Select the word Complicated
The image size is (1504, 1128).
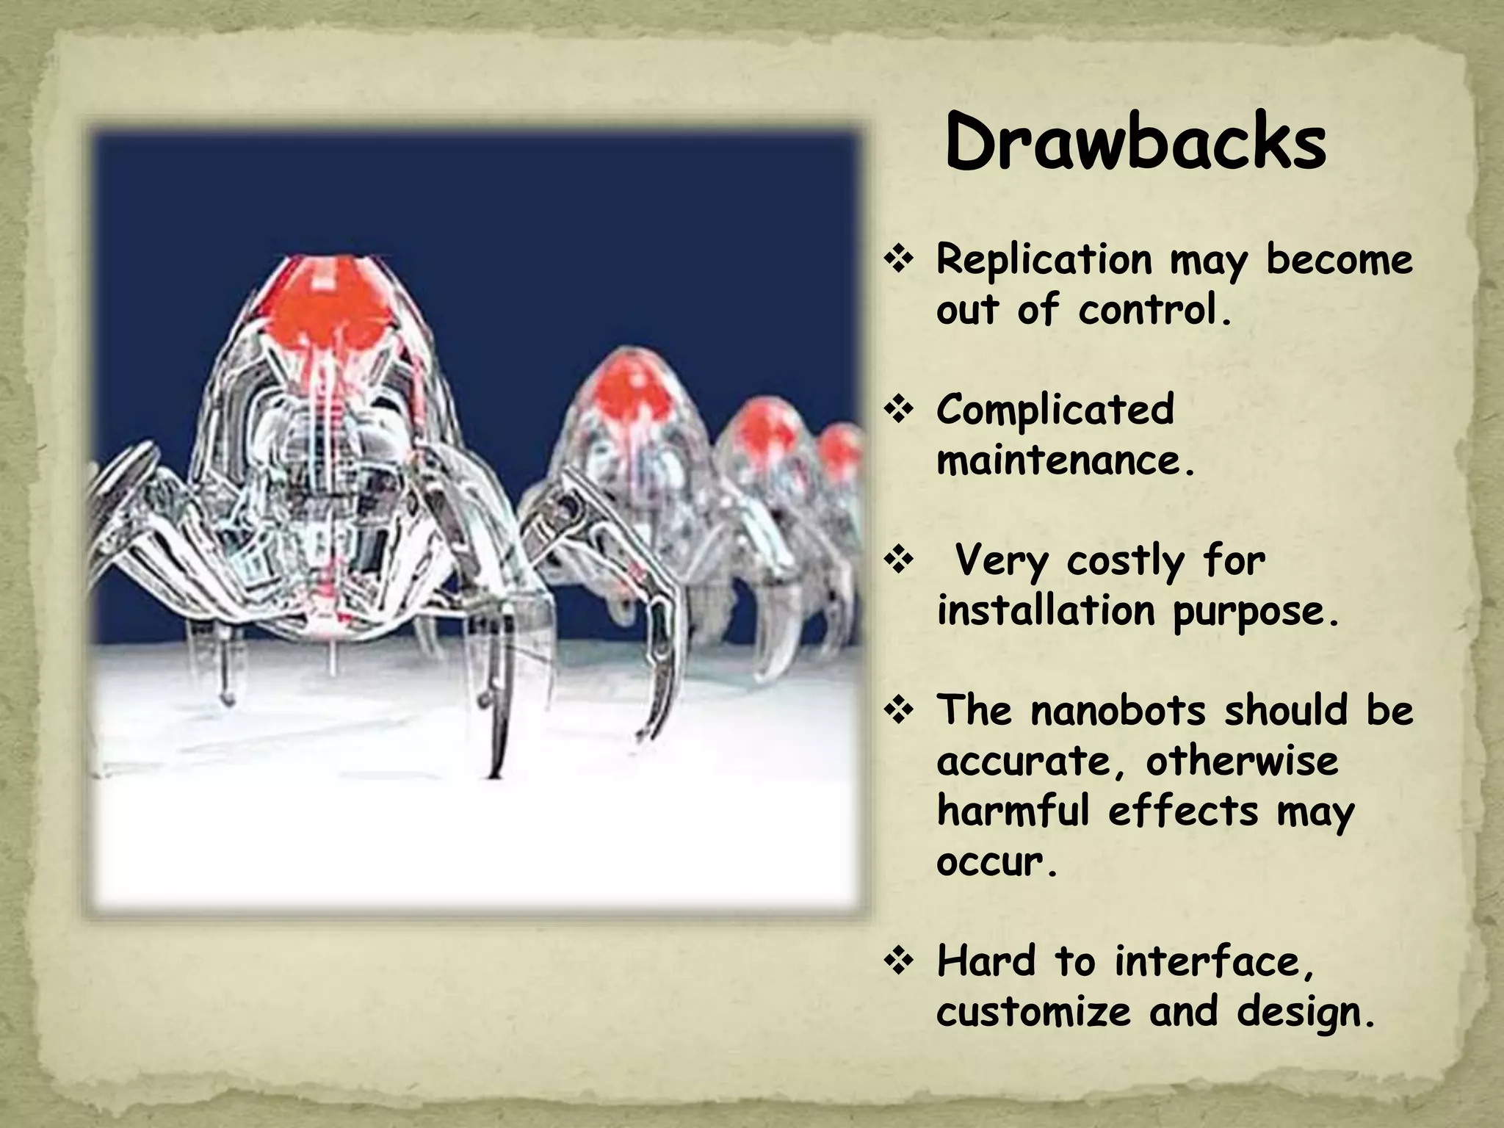1055,410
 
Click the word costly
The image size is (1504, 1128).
1125,561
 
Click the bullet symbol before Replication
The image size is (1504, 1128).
898,260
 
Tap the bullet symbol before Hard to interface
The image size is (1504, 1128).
898,961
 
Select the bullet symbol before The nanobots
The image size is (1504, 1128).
898,711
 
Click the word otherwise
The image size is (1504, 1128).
1242,761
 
